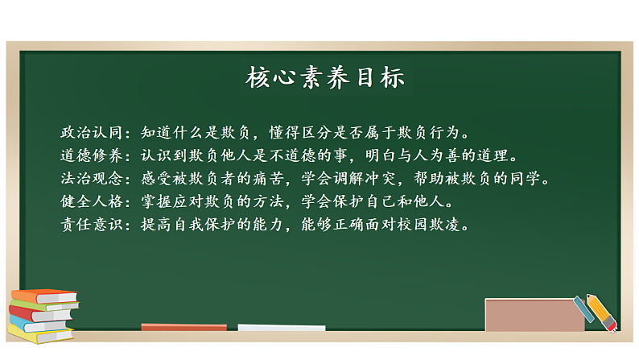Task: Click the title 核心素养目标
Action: coord(324,78)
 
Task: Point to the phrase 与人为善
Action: coord(442,154)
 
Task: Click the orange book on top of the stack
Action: coord(43,295)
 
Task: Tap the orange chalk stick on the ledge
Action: coord(183,327)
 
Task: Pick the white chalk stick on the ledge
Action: coord(281,328)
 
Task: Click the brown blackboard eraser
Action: coord(534,315)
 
